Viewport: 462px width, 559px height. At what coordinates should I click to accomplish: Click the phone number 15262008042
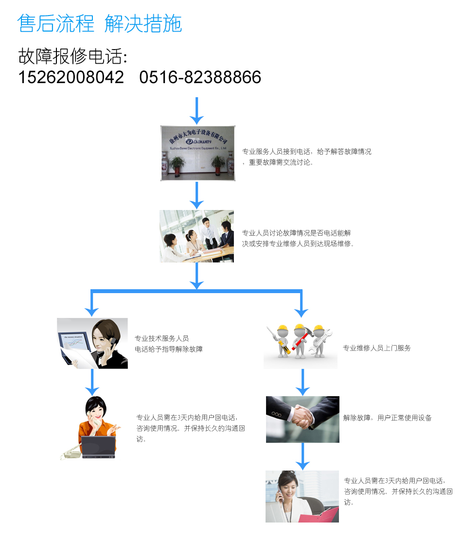71,77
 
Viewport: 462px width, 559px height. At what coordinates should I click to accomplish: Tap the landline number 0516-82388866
200,77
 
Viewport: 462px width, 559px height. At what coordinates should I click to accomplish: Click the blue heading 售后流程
55,23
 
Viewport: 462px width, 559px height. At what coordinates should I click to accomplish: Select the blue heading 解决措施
143,23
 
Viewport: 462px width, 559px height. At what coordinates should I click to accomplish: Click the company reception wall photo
197,153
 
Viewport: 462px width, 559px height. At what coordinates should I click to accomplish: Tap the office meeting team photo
196,236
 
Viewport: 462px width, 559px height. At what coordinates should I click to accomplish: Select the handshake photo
302,419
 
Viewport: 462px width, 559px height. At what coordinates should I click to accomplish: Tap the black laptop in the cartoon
99,447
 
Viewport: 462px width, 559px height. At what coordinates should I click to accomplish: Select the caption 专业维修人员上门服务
377,348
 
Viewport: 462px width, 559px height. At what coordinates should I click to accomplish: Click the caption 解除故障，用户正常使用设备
387,418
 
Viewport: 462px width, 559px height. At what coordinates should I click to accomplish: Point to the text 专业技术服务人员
161,338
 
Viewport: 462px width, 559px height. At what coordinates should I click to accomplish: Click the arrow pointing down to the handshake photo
302,382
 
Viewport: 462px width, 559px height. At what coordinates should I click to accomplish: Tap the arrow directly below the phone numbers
196,110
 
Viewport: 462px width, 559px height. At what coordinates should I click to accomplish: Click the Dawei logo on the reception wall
198,141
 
